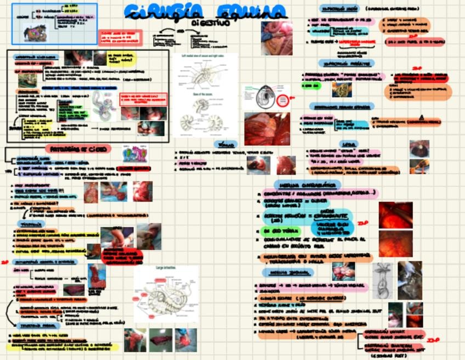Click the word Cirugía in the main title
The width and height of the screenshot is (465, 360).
(x=162, y=11)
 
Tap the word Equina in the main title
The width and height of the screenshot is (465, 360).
(x=251, y=11)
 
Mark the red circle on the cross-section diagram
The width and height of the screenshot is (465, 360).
(x=282, y=100)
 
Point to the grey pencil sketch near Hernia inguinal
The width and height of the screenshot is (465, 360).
(x=382, y=279)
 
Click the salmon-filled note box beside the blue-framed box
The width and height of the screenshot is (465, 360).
(x=120, y=37)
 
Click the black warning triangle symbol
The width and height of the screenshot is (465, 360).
(x=421, y=116)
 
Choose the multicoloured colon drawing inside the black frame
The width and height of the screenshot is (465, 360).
(x=101, y=104)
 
